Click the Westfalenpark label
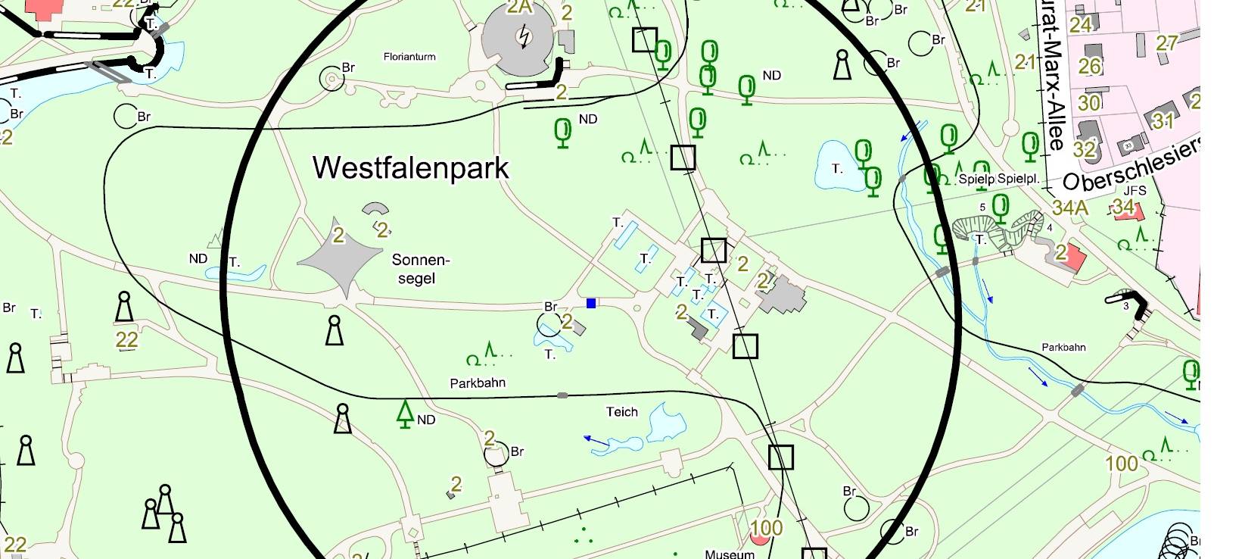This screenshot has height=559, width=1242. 411,167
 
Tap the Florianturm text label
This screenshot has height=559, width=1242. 409,57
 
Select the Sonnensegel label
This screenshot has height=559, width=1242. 420,269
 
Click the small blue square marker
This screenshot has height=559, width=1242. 591,303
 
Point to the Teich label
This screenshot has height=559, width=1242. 621,412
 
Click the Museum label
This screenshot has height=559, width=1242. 730,554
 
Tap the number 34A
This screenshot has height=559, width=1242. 1069,207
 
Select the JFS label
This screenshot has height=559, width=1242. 1135,191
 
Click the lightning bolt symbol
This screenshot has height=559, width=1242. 523,36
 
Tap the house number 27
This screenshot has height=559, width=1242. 1166,42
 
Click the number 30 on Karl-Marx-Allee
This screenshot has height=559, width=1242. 1089,103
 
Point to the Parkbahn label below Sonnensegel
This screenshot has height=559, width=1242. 478,383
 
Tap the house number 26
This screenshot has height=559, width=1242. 1089,67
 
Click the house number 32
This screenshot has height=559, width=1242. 1084,149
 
